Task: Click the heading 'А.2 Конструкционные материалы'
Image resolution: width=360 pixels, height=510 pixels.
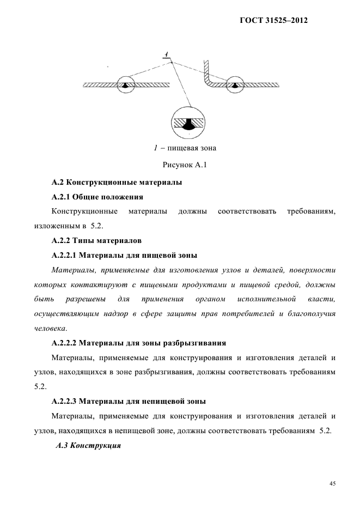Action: [x=117, y=182]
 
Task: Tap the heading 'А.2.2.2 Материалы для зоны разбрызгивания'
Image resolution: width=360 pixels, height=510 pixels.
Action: [x=138, y=343]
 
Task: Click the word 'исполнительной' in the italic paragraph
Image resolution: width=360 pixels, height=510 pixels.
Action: [x=267, y=299]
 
